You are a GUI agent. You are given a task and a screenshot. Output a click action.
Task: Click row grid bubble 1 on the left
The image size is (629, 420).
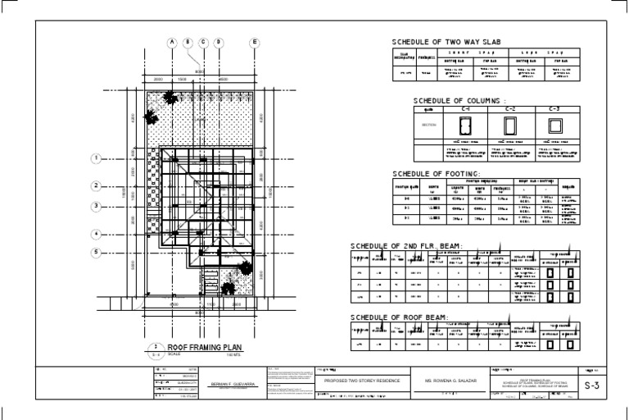click(96, 158)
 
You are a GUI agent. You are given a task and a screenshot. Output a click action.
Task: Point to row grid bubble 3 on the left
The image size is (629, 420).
click(96, 206)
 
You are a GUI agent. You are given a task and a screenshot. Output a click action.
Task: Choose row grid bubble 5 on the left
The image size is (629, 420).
click(96, 252)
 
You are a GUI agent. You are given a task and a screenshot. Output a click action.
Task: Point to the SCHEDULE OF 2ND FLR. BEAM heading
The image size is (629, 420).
click(406, 246)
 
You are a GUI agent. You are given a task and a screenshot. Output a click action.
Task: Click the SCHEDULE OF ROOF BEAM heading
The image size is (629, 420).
click(398, 316)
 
